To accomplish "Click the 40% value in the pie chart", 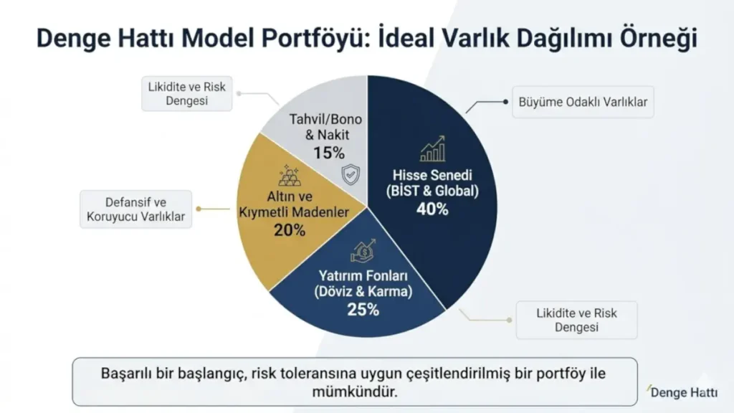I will [x=432, y=209].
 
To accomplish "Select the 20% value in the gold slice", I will [x=290, y=230].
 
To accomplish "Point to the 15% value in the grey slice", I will [x=328, y=152].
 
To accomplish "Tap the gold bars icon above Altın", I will [x=290, y=176].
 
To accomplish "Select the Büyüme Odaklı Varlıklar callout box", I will [x=582, y=103].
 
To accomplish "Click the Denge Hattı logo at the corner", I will [x=680, y=391].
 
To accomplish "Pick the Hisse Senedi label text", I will [x=432, y=175].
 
